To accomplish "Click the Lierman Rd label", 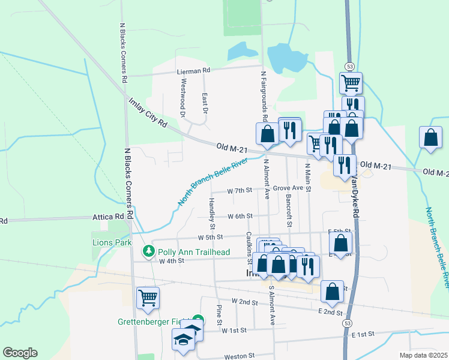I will (194, 70).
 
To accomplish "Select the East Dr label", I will (205, 103).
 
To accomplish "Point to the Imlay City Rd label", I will (147, 112).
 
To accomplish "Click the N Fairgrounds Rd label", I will (264, 97).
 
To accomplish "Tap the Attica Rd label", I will (108, 217).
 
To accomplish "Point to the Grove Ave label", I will (288, 188).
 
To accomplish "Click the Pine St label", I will (220, 315).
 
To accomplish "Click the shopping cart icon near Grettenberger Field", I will (147, 298).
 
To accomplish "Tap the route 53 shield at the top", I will (349, 66).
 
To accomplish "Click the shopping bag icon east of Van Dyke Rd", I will (431, 137).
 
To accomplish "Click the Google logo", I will (20, 353).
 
